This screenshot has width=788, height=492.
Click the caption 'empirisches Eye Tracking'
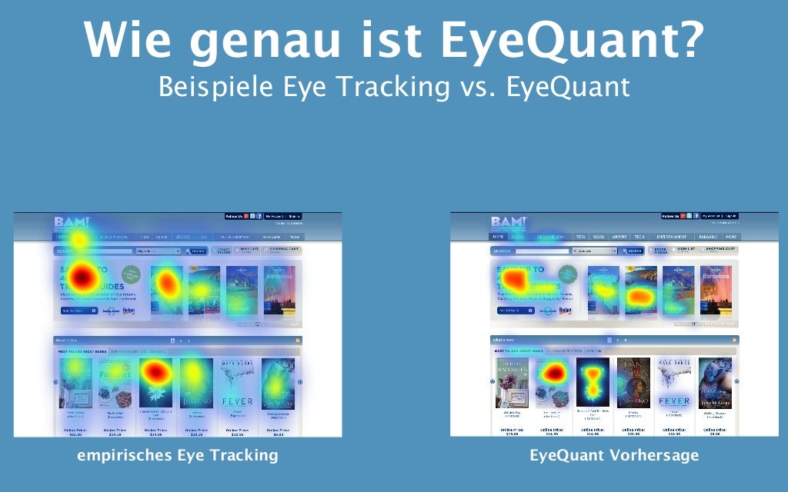click(x=177, y=455)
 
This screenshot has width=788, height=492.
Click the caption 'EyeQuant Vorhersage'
click(x=614, y=455)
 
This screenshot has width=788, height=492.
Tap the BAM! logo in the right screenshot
click(x=509, y=222)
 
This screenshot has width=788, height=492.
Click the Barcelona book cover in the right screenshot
click(x=716, y=290)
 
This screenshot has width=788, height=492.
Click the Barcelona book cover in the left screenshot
click(x=279, y=290)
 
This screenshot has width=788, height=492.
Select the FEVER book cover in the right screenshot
click(x=674, y=383)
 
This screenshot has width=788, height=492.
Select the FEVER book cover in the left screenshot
click(x=237, y=383)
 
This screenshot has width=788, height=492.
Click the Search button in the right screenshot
click(x=634, y=251)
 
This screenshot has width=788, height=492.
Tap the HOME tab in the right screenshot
click(x=499, y=237)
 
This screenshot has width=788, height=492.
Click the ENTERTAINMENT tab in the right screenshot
click(x=672, y=237)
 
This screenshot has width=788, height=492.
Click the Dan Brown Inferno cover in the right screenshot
click(x=633, y=383)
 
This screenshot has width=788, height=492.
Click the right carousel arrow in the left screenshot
click(x=300, y=381)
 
